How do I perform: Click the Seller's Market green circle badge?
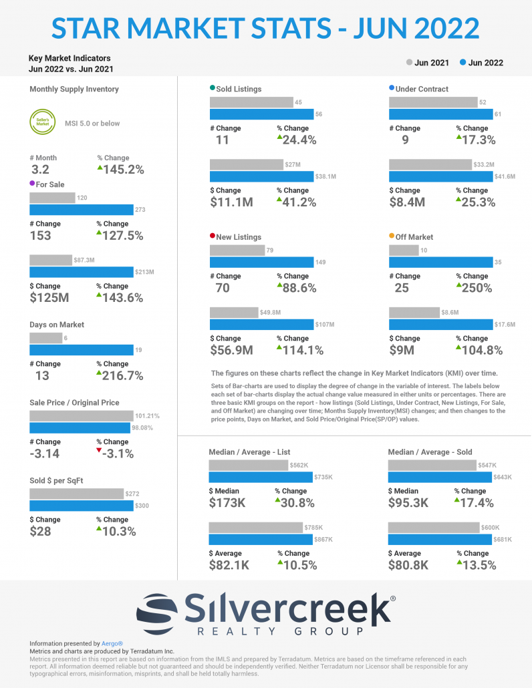(43, 123)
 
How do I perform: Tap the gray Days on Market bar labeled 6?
(45, 338)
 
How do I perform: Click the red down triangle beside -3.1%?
(100, 452)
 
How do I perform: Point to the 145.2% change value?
(123, 170)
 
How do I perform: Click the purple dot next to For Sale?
(33, 184)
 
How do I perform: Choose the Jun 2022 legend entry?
(482, 63)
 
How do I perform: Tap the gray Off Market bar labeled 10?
(403, 250)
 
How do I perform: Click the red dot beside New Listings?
(213, 236)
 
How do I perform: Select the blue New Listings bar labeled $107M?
(261, 325)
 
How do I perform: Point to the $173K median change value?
(227, 503)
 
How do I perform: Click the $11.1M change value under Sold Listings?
(231, 202)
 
